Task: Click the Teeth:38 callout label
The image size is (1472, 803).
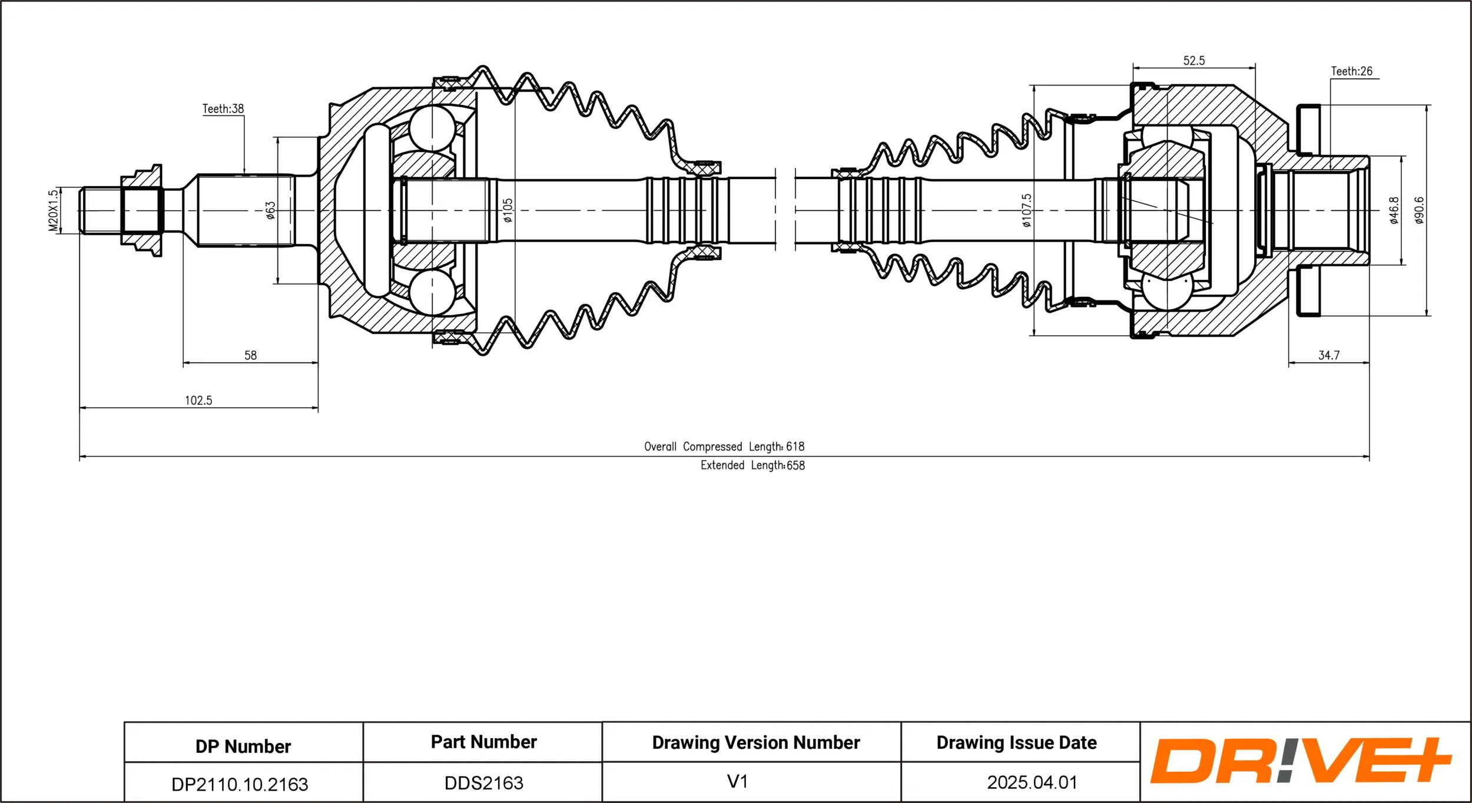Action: (x=223, y=109)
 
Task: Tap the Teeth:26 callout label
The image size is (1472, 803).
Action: (x=1351, y=71)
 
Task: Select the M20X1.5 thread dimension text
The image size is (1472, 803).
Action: (x=53, y=210)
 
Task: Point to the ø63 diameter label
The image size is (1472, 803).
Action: (x=270, y=210)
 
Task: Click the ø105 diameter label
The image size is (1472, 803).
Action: (x=508, y=210)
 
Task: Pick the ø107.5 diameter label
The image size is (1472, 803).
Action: (x=1026, y=210)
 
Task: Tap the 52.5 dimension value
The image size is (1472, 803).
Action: (x=1193, y=61)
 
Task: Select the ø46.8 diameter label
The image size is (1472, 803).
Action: (x=1394, y=210)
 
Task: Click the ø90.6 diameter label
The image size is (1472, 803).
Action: (x=1419, y=210)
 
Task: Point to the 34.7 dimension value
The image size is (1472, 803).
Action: (x=1328, y=355)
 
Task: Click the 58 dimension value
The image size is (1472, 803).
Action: (x=250, y=355)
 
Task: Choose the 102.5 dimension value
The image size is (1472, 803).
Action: (x=198, y=401)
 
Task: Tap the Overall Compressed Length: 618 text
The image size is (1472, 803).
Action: (x=724, y=447)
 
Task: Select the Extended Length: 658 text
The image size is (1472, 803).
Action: (x=752, y=465)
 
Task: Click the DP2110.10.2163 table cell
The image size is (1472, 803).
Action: (x=240, y=784)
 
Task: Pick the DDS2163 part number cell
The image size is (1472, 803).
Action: (x=483, y=783)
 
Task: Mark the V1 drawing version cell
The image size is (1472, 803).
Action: (x=737, y=781)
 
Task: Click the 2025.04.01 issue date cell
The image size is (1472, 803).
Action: (x=1032, y=782)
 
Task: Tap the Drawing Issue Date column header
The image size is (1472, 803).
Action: (x=1016, y=743)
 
